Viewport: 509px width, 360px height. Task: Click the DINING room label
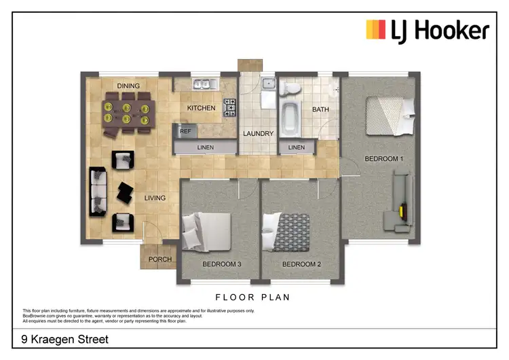(128, 86)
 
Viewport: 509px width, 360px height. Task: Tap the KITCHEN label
(201, 108)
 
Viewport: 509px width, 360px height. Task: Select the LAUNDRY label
(259, 134)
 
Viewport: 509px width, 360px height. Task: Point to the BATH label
(320, 109)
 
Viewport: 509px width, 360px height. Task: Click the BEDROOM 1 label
(384, 159)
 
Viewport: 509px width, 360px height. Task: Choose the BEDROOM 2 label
(301, 264)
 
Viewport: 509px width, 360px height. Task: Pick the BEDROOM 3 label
(221, 264)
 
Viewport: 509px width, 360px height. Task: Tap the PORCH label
(160, 259)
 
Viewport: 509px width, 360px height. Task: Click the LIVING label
(155, 198)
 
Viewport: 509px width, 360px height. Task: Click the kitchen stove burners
(231, 107)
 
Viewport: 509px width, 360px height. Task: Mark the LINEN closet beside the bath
(297, 147)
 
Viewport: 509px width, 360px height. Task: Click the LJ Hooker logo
(428, 31)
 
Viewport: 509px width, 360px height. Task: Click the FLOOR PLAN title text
(252, 297)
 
